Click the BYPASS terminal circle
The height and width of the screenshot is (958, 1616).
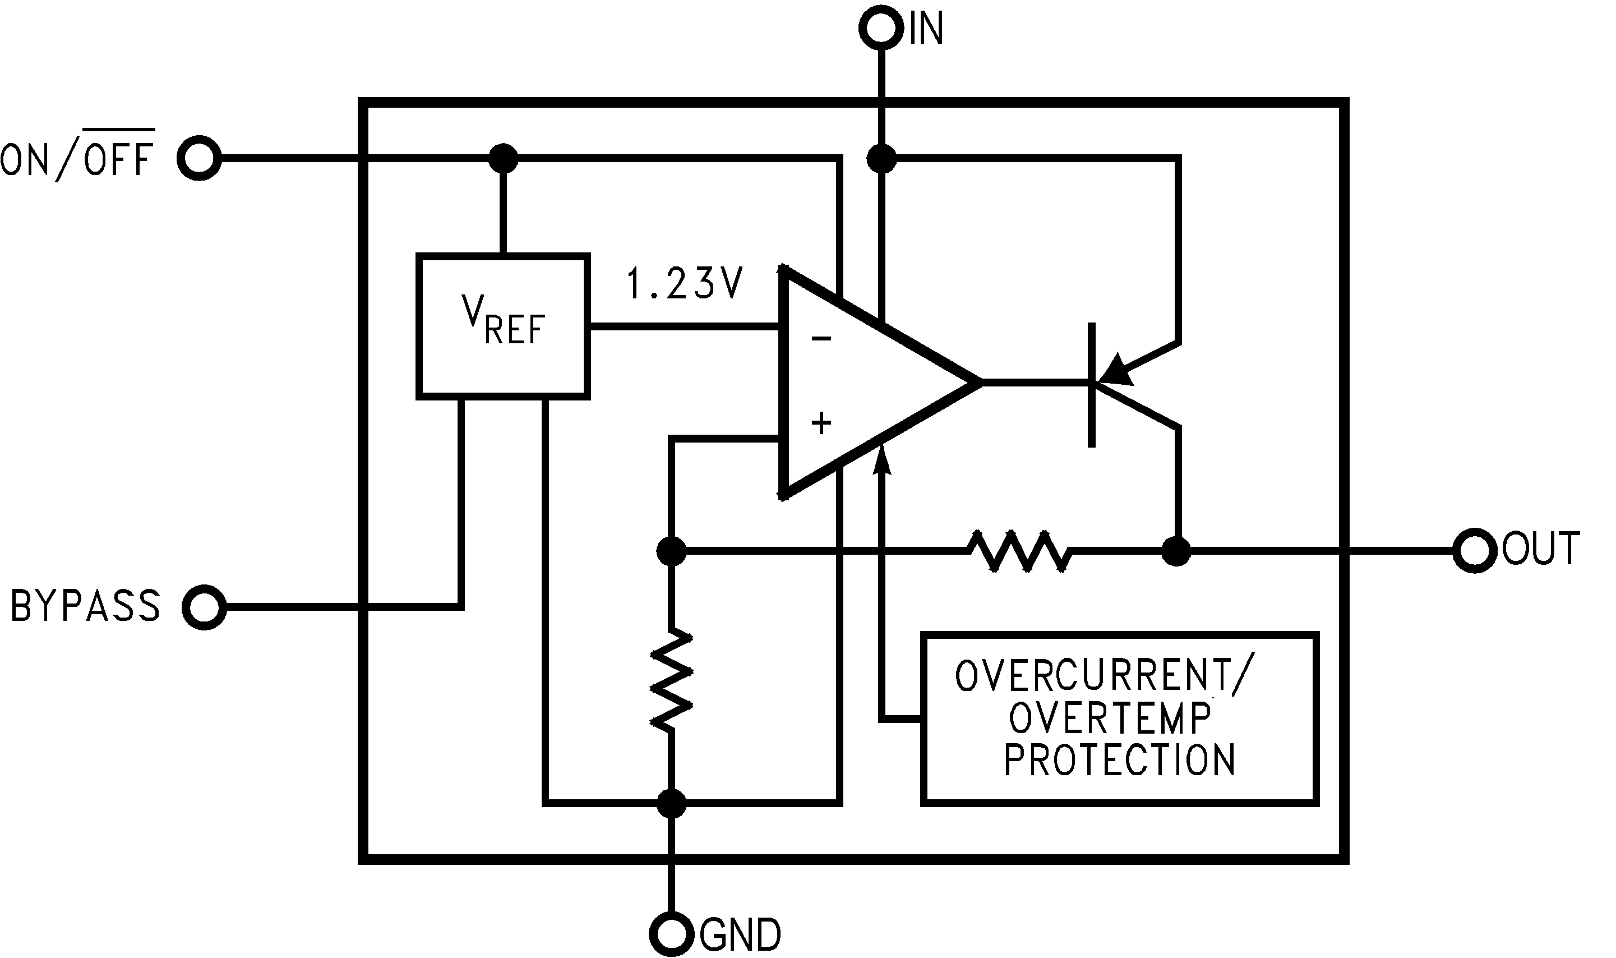pos(204,607)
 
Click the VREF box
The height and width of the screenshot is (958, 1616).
pos(504,326)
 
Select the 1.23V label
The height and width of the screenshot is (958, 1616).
pos(685,284)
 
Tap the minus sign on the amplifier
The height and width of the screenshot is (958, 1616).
pos(821,339)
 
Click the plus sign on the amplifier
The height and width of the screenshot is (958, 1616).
pos(821,424)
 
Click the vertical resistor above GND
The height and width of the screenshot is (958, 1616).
pos(671,680)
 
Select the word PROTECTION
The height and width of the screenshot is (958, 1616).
pos(1120,760)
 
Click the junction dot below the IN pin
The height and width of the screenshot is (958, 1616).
pos(881,158)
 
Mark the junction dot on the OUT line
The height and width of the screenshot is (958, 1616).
pos(1176,551)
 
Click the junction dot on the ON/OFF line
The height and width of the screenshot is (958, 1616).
pos(504,158)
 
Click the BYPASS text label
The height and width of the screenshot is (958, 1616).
pos(85,606)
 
